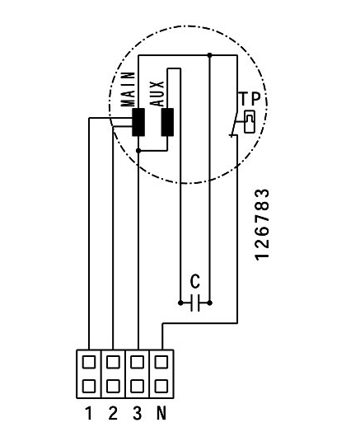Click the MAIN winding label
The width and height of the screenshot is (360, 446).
pos(128,89)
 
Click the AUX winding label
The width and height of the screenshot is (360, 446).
pos(157,94)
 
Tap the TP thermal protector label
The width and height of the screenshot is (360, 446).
pos(249,99)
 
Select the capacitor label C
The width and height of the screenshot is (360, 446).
pos(195,282)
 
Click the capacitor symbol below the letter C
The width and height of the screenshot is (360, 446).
pos(195,303)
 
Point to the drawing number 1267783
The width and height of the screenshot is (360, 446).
pos(262,224)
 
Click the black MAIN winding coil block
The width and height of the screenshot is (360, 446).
pos(138,122)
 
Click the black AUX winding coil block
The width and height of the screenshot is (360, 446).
pos(167,122)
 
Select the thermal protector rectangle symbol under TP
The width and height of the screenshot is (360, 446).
pos(250,122)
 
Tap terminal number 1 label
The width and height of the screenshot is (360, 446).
pos(89,414)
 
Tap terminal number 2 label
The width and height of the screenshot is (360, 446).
pos(113,414)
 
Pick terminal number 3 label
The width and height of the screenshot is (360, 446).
pos(138,414)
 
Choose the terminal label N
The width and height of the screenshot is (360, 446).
pos(161,414)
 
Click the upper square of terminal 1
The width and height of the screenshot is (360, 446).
pos(89,362)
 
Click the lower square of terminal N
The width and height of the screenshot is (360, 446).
pos(161,387)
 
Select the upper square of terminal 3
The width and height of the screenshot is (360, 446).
pos(138,362)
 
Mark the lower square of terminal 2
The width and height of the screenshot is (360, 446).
pos(113,387)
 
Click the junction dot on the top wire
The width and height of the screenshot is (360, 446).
pos(210,55)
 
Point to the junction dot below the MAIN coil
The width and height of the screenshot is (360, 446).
pos(138,151)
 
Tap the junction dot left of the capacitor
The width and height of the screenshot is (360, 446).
pos(180,303)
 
